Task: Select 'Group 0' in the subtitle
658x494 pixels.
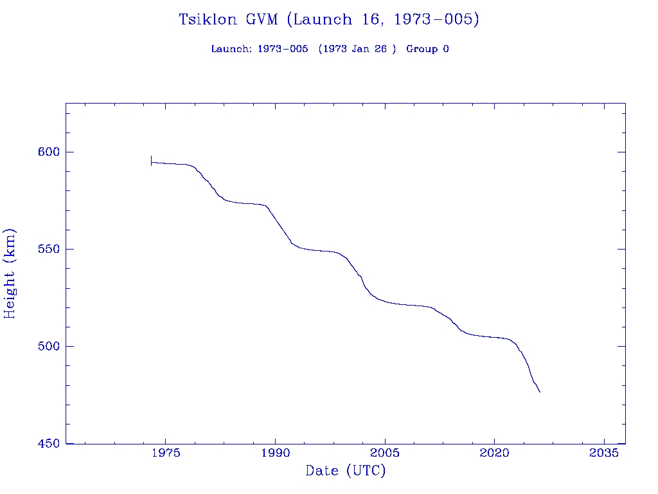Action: [427, 49]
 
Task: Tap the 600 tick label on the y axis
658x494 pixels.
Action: [48, 152]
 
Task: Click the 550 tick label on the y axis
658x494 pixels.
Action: [48, 249]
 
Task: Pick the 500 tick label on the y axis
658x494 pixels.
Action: [48, 346]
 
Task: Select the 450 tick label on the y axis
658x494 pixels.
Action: [48, 444]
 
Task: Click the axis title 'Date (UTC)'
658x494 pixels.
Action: [346, 471]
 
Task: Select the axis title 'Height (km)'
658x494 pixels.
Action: [10, 273]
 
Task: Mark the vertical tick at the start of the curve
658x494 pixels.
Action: [151, 161]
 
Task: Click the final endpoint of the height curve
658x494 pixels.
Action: [540, 392]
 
